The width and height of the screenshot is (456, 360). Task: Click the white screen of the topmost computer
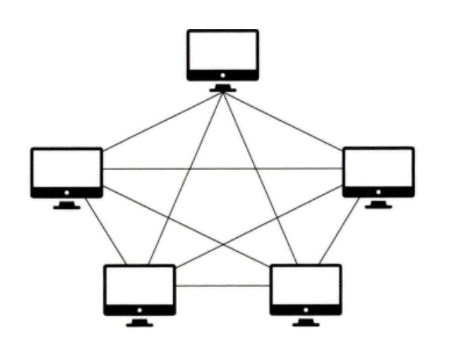(222, 51)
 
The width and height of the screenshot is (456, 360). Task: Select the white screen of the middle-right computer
(378, 168)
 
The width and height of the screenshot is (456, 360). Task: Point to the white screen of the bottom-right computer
(306, 285)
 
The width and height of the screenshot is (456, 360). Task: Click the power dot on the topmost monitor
(222, 74)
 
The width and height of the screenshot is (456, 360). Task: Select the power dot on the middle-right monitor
(378, 191)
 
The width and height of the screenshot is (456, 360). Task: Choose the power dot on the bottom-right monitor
(306, 309)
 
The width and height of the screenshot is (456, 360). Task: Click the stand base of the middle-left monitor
(67, 206)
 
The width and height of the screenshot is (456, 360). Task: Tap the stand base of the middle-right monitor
(378, 205)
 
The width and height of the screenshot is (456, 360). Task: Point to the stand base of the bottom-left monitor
(139, 323)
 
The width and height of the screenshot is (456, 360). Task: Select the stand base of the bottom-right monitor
(306, 323)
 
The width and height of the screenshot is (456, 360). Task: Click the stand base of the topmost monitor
(222, 88)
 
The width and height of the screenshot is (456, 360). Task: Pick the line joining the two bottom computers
(222, 286)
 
